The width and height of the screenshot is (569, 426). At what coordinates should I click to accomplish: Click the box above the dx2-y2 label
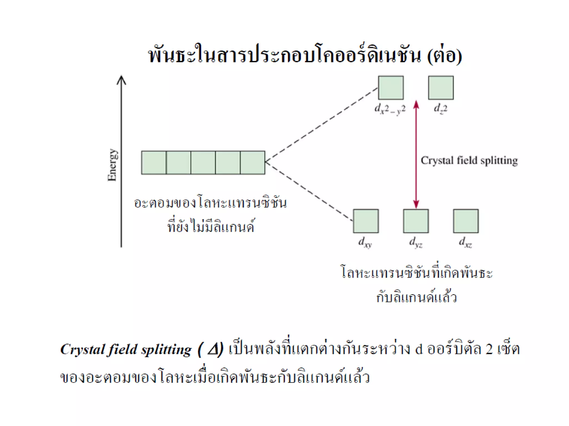391,88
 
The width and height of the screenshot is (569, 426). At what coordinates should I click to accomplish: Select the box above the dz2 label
441,88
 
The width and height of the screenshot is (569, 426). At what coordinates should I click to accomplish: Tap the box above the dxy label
366,221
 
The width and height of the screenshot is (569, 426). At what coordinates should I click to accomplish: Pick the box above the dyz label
416,221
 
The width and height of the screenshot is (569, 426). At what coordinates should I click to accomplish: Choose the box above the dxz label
466,221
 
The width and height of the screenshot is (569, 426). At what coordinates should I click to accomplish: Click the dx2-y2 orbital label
390,109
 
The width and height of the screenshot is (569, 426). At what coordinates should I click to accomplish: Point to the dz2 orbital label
440,108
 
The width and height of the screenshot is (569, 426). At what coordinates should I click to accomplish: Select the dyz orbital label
416,242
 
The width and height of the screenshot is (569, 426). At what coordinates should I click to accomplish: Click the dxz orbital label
465,242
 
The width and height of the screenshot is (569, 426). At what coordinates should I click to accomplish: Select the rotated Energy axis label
113,165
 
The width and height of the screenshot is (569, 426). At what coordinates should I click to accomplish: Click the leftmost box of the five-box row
154,163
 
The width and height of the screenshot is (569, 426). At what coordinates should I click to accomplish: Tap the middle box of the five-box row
203,163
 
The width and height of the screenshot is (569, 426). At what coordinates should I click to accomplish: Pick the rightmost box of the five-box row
253,163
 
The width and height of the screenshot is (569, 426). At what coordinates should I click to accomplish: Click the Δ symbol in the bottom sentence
214,349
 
